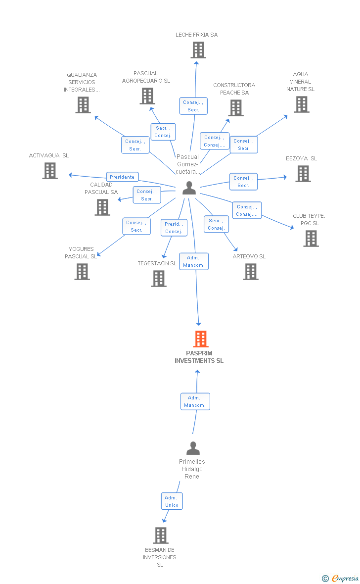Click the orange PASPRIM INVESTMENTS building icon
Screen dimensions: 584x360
pos(200,339)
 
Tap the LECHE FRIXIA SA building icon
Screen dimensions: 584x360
pos(198,50)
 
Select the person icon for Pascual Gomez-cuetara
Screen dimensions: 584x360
pos(188,188)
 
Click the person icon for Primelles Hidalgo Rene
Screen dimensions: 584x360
pos(193,448)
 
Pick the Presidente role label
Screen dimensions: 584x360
pos(122,177)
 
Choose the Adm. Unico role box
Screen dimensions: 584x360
pos(172,501)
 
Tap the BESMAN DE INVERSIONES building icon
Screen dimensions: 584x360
pos(160,535)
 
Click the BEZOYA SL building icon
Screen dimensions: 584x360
pos(303,173)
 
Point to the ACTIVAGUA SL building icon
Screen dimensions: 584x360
pos(49,170)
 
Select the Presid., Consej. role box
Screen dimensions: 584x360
pos(174,228)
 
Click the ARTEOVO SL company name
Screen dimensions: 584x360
pos(249,256)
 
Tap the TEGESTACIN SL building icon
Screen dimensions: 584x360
pos(159,279)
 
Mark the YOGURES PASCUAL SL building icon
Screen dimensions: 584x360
pos(82,271)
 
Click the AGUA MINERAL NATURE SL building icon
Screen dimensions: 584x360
pos(302,104)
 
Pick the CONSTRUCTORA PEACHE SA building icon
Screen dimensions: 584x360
pos(236,107)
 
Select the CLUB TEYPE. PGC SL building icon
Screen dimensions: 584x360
pos(311,238)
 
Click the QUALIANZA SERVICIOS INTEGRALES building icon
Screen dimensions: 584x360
pos(83,104)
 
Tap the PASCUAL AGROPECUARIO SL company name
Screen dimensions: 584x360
pos(146,77)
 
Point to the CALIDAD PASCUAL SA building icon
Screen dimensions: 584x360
pos(102,207)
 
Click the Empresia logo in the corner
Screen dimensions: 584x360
pos(341,578)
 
